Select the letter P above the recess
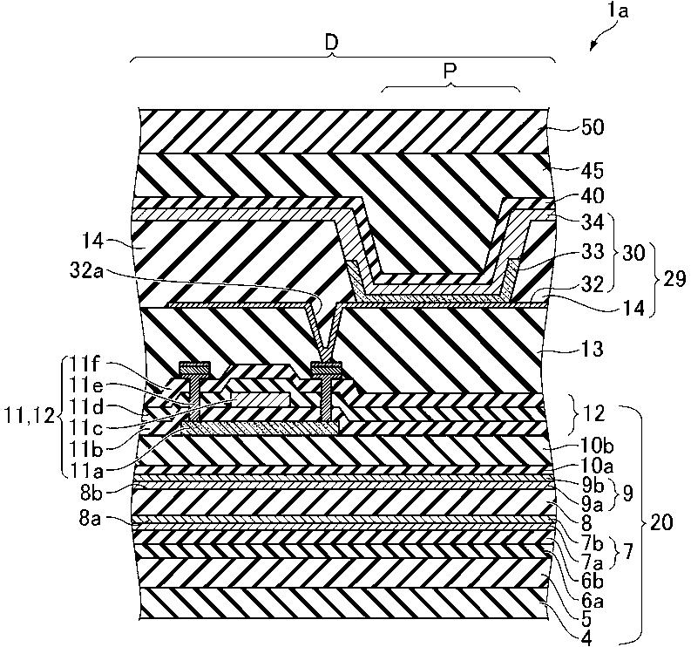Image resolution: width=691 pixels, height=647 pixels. click(x=451, y=73)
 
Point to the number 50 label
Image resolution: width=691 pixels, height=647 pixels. click(x=593, y=128)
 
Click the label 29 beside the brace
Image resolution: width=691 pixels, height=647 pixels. click(x=673, y=279)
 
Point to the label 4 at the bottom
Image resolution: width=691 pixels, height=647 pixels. click(x=560, y=639)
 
